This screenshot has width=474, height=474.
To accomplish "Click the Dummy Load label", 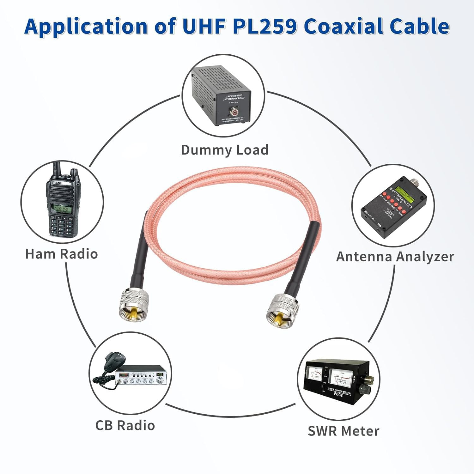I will click(224, 150).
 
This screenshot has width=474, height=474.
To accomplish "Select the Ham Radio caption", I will click(61, 254).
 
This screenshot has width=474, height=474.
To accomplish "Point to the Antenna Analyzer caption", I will click(395, 256).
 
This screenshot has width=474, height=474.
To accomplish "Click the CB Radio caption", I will click(125, 425).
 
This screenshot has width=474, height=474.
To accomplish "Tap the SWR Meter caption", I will click(343, 431).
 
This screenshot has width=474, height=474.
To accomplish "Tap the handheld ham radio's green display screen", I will click(60, 209).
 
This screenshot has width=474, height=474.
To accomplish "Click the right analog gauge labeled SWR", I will click(341, 376).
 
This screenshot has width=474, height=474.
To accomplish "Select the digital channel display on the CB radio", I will click(160, 374).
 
